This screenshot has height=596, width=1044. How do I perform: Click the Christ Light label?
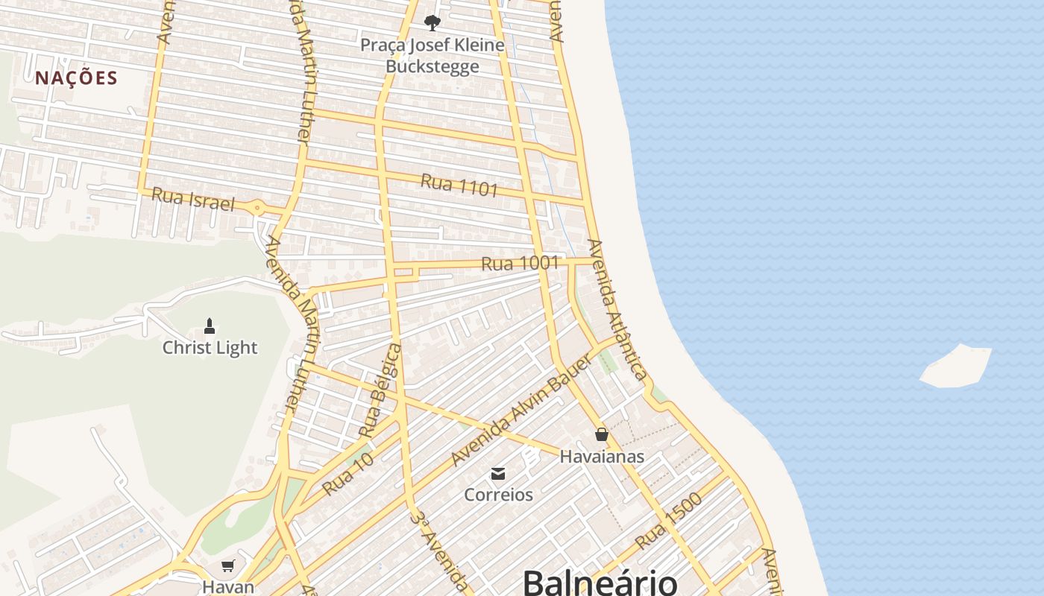point(210,348)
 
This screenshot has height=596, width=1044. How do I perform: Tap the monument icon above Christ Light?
point(210,326)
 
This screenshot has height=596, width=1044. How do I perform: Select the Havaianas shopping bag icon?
point(602,434)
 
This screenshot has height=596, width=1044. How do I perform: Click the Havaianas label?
point(602,456)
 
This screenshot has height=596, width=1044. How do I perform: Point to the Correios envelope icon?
point(498,474)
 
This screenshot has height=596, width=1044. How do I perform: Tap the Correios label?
point(498,495)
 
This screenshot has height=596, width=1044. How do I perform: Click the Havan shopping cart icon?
point(227,566)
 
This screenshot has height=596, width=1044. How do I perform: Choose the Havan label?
point(227,587)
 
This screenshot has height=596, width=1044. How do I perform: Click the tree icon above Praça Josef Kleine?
point(432,22)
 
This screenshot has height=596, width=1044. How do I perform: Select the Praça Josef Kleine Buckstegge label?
point(432,56)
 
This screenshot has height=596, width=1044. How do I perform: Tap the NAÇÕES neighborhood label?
point(76,78)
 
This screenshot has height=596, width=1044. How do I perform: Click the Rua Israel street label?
point(192,199)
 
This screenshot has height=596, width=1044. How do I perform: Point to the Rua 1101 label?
point(459,185)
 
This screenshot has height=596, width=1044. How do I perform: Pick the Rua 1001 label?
point(520,263)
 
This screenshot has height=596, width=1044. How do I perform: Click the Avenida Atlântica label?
point(616,309)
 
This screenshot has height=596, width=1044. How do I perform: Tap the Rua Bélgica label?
point(380,390)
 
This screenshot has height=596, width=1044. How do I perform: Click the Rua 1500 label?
point(668,521)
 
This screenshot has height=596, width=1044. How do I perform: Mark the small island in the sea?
point(957,367)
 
